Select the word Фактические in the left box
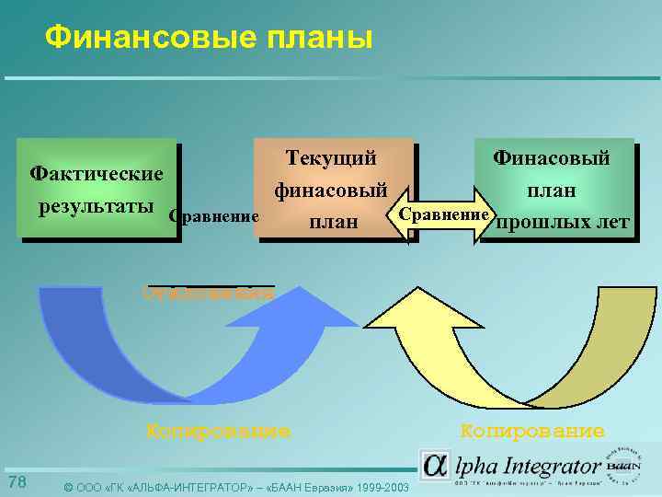coord(97,173)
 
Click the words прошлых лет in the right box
coord(563,222)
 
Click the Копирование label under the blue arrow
coord(219,430)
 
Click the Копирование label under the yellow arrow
coord(532,430)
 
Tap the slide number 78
coord(17,483)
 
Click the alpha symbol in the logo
coord(435,466)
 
